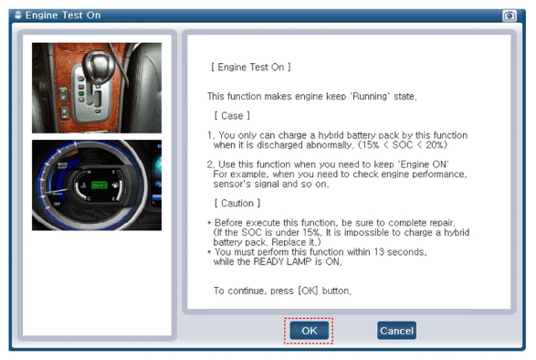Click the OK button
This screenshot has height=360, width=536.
pyautogui.click(x=309, y=331)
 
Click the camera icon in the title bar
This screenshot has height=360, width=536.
pyautogui.click(x=509, y=16)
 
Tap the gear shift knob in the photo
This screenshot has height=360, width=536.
pyautogui.click(x=99, y=65)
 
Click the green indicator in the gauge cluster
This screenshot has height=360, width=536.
pyautogui.click(x=100, y=185)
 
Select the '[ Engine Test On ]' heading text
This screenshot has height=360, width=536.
pyautogui.click(x=251, y=67)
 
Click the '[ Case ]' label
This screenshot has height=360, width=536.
pyautogui.click(x=232, y=116)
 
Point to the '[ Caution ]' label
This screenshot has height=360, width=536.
pyautogui.click(x=237, y=203)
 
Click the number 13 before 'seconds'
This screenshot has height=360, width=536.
pyautogui.click(x=379, y=252)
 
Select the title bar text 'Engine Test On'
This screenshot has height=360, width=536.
pyautogui.click(x=63, y=16)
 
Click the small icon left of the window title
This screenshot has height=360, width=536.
pyautogui.click(x=17, y=15)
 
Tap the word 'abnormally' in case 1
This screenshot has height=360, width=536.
pyautogui.click(x=329, y=145)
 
